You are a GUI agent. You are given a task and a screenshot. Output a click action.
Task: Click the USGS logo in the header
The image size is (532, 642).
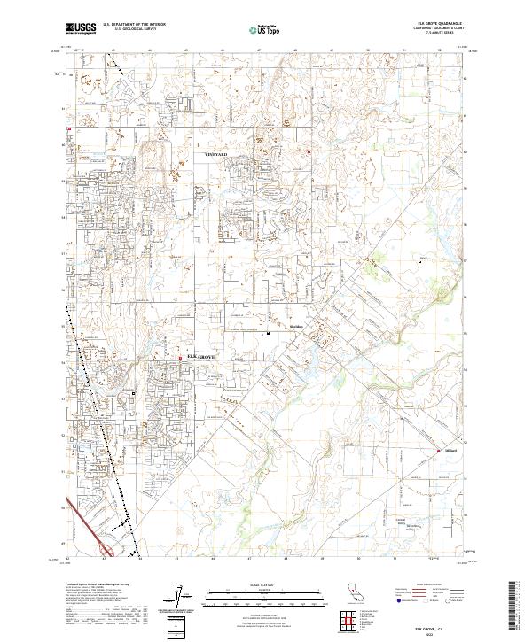coord(82,28)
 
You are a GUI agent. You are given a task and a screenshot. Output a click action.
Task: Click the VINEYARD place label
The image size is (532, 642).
coord(216,155)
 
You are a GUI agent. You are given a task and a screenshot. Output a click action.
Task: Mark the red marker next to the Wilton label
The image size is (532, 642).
coord(437,452)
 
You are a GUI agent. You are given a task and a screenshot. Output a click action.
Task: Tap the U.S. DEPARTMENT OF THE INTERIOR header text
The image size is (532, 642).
coord(133,25)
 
